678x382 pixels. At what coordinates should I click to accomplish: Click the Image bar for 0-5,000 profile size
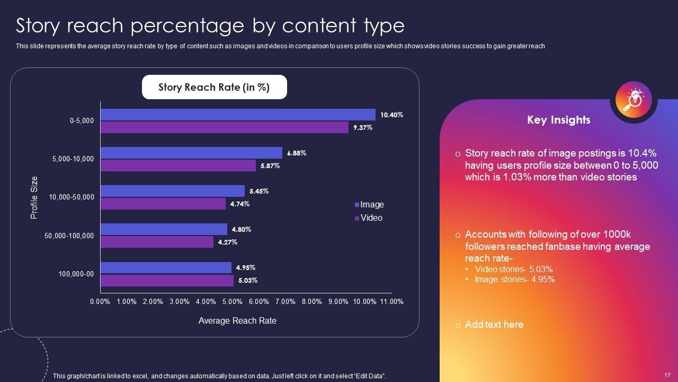click(238, 115)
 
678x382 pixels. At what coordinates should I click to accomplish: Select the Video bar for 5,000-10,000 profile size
click(178, 166)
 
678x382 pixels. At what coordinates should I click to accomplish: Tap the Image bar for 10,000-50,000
click(173, 191)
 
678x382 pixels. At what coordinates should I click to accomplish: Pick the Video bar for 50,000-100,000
click(157, 242)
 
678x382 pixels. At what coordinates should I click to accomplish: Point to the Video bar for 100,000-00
click(167, 281)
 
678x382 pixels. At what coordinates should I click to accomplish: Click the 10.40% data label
click(392, 115)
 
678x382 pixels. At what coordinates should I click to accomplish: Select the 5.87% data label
click(270, 166)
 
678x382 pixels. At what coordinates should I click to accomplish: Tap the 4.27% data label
click(228, 242)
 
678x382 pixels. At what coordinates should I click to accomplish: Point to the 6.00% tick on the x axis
click(258, 301)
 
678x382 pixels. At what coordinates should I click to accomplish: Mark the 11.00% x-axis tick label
click(391, 301)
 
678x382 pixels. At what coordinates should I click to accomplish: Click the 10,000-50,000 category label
click(72, 197)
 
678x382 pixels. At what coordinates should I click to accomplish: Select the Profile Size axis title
click(34, 197)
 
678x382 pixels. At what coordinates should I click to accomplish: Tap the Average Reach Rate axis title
click(237, 321)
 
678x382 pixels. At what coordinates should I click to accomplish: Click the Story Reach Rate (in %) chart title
click(214, 88)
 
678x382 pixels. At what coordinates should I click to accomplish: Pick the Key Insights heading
click(558, 120)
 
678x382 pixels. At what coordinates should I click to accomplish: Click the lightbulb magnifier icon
click(634, 99)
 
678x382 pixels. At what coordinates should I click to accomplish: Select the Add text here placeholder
click(494, 325)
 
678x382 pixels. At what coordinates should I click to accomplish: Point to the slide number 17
click(667, 375)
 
